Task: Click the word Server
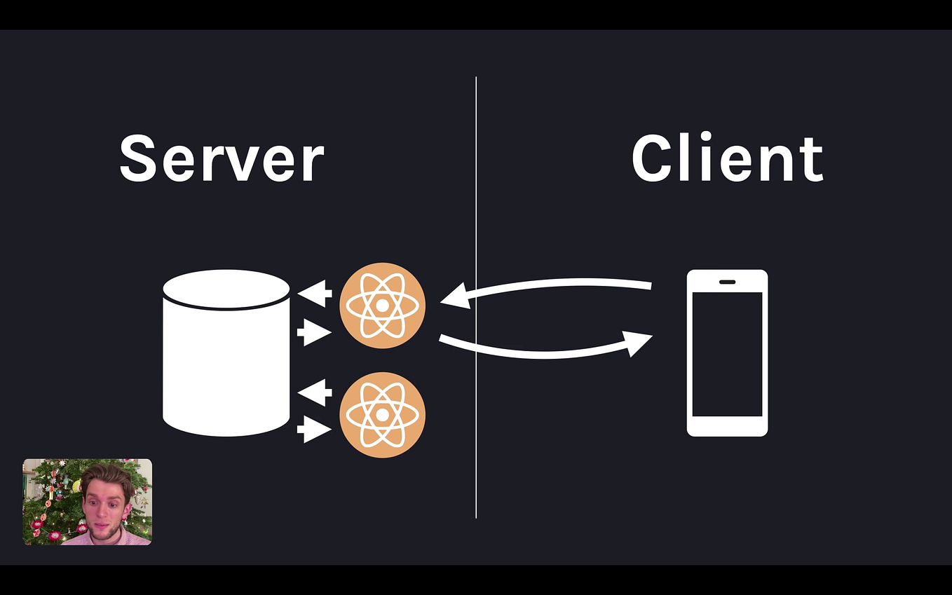click(222, 158)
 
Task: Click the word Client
click(727, 158)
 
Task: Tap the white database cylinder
click(226, 364)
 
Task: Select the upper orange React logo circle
click(382, 306)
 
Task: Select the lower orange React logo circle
click(382, 415)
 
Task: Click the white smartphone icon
click(727, 353)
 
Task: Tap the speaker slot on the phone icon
click(727, 282)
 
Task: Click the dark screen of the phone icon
click(727, 354)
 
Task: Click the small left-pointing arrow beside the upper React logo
click(315, 293)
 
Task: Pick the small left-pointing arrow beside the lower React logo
click(315, 392)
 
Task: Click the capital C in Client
click(653, 158)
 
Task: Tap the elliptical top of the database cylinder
click(226, 288)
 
